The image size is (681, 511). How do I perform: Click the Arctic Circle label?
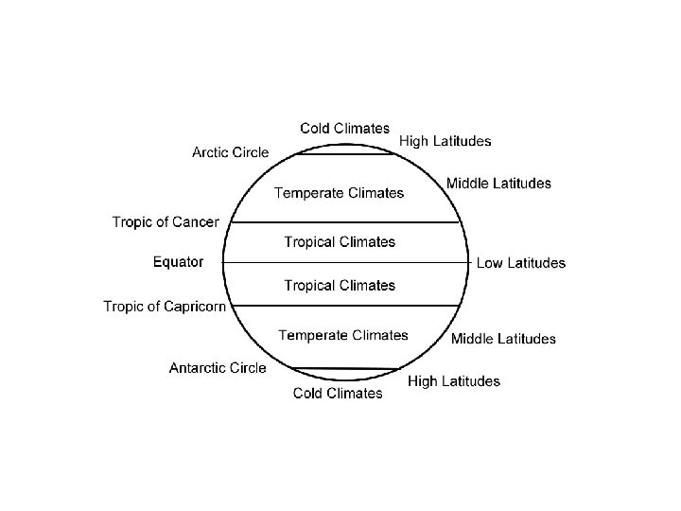pyautogui.click(x=230, y=151)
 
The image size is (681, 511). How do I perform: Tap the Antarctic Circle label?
pyautogui.click(x=218, y=367)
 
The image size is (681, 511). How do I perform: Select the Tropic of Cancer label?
pyautogui.click(x=166, y=222)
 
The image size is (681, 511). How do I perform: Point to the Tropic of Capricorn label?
pyautogui.click(x=165, y=306)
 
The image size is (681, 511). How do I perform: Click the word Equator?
pyautogui.click(x=178, y=262)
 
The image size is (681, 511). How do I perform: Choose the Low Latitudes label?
pyautogui.click(x=520, y=263)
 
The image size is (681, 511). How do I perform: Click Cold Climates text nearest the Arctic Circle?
pyautogui.click(x=344, y=128)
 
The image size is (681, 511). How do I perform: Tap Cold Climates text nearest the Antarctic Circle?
pyautogui.click(x=338, y=393)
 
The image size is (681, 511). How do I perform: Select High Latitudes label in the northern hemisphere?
pyautogui.click(x=445, y=141)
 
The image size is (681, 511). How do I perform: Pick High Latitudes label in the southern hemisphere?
pyautogui.click(x=453, y=381)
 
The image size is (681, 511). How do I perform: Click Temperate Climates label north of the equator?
pyautogui.click(x=339, y=193)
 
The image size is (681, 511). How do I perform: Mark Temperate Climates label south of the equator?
pyautogui.click(x=343, y=335)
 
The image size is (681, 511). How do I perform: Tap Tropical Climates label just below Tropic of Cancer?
pyautogui.click(x=340, y=242)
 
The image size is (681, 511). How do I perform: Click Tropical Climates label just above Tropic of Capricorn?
pyautogui.click(x=340, y=285)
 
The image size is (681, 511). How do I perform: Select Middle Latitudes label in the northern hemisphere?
pyautogui.click(x=498, y=183)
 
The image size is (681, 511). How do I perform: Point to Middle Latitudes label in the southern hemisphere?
pyautogui.click(x=503, y=339)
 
